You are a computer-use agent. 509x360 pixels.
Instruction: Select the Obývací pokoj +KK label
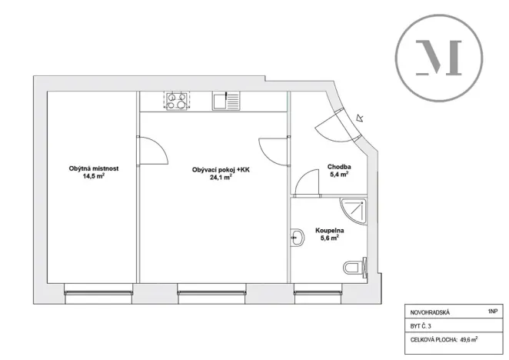tap(221, 169)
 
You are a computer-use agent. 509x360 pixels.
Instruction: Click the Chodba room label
tap(339, 166)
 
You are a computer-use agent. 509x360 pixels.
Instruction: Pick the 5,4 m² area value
tap(339, 175)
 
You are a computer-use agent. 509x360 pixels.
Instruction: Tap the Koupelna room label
tap(329, 230)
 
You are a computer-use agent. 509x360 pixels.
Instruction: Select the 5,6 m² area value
tap(329, 238)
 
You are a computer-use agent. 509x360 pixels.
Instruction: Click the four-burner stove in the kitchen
tap(175, 101)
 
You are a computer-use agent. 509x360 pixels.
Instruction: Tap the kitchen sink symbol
tap(227, 101)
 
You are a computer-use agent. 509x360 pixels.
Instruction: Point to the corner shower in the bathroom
tap(353, 208)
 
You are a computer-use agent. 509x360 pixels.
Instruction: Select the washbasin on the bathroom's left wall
tap(296, 237)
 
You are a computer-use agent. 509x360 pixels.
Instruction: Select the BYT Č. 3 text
tap(420, 326)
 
